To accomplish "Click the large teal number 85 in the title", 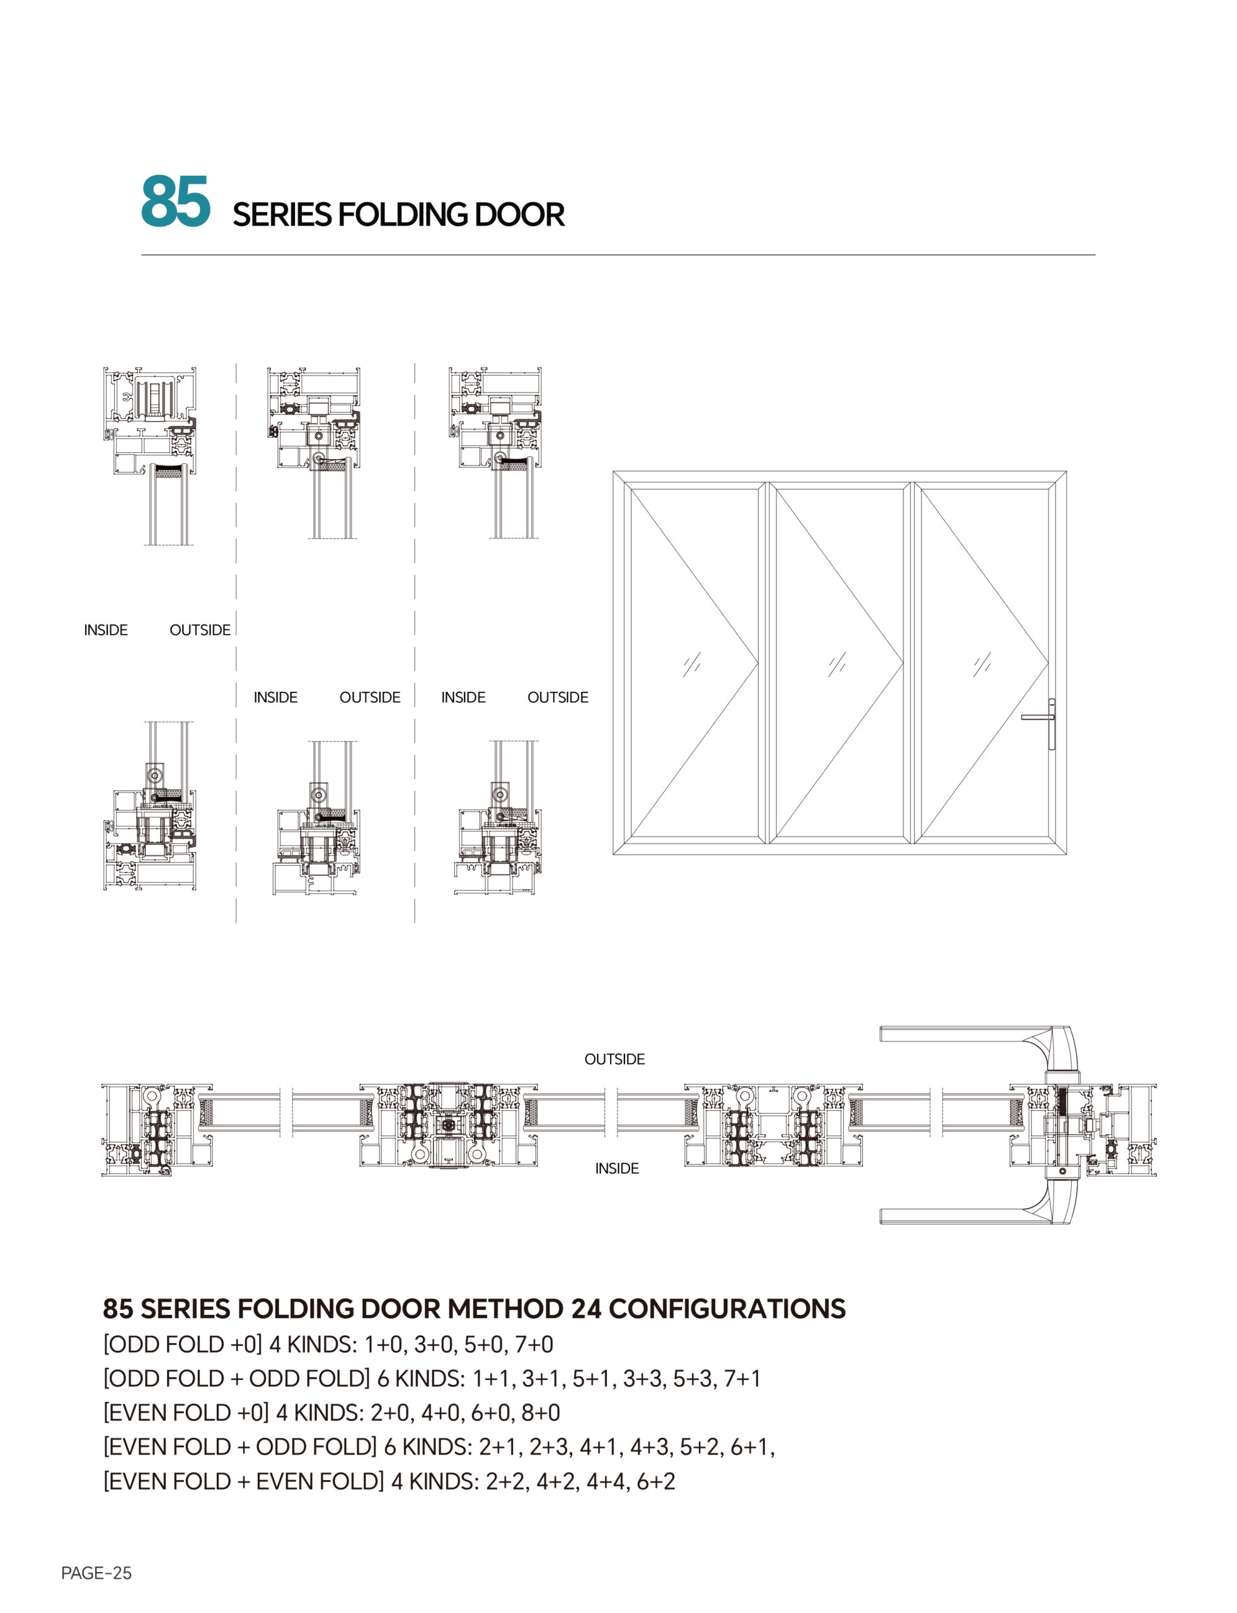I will (175, 201).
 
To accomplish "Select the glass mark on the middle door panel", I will (836, 664).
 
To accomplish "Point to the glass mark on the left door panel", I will (691, 664).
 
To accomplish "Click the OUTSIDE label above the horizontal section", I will (614, 1059).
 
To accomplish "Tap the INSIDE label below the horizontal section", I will (617, 1168).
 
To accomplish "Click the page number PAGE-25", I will (96, 1573).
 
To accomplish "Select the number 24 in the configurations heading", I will (586, 1309).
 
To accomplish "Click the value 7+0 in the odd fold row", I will (534, 1345).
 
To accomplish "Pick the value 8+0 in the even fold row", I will (541, 1413).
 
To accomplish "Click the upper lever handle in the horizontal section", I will (972, 1035).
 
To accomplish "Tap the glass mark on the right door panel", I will (982, 664).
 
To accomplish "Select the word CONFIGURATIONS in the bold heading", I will (727, 1309).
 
